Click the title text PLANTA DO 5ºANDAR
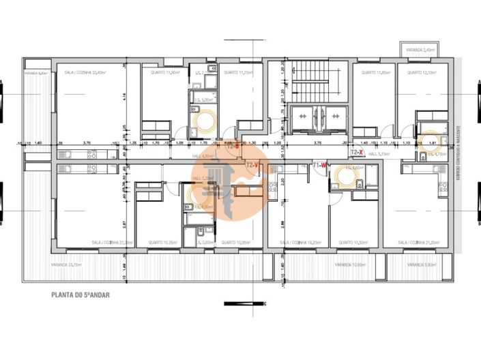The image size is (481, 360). coord(80,295)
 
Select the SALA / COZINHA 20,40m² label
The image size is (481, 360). coord(85,72)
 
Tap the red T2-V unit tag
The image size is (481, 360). coord(252,165)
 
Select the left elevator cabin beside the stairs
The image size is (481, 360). coord(302,117)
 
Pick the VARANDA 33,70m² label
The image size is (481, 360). coord(66,265)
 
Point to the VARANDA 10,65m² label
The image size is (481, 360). coord(348,265)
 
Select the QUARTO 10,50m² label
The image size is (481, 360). coord(353,242)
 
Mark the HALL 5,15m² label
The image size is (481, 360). coord(378,155)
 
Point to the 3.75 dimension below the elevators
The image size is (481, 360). coord(317,144)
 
